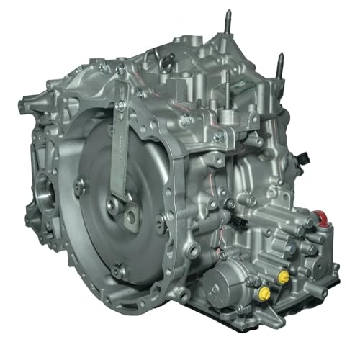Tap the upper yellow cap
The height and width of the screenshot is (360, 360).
(x=284, y=276)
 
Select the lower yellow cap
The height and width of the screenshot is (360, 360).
(x=264, y=293)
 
